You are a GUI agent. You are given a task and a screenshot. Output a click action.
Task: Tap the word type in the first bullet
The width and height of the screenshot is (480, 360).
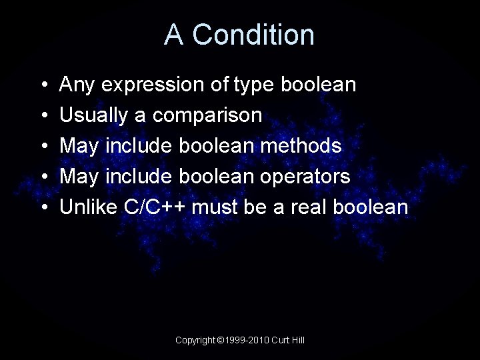(256, 85)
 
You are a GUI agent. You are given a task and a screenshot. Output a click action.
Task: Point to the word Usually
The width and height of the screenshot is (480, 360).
(94, 116)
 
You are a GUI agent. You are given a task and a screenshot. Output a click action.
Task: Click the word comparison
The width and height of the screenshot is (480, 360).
(207, 116)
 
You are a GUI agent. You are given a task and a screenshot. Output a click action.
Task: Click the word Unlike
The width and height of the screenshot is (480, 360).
(89, 207)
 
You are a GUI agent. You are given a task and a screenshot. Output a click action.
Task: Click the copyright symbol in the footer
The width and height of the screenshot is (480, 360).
(221, 341)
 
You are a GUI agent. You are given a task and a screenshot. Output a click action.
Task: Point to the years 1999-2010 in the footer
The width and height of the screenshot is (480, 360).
(248, 341)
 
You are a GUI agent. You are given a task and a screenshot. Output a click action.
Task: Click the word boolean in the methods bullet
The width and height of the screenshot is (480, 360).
(213, 146)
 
